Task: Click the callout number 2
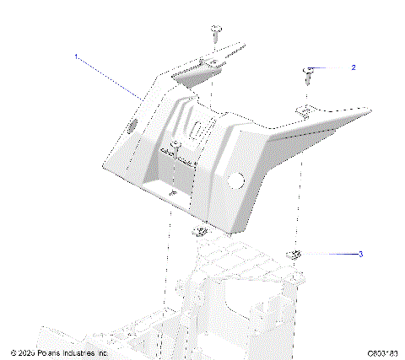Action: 354,67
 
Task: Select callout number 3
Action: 361,253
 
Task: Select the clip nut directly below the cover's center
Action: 200,231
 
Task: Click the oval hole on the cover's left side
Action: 132,126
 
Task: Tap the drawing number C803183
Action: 382,352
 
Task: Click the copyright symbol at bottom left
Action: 13,352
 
